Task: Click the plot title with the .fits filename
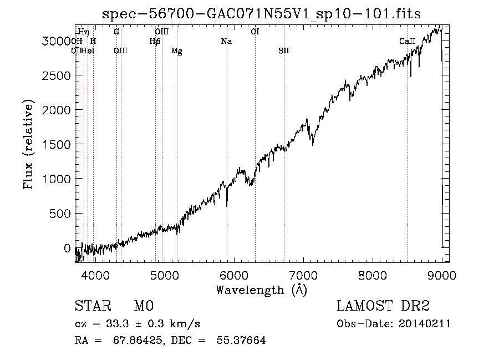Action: click(262, 14)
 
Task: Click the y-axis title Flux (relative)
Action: click(28, 144)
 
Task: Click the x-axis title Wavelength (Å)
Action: click(261, 289)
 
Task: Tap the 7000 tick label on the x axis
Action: click(303, 274)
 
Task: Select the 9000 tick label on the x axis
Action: click(441, 274)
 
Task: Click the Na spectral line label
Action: click(226, 42)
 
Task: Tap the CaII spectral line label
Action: click(407, 42)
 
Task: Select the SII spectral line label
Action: click(283, 51)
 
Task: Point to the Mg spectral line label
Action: click(176, 51)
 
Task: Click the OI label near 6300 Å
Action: click(254, 32)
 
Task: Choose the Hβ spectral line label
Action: click(155, 42)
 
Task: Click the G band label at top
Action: click(116, 32)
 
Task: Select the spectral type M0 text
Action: click(143, 307)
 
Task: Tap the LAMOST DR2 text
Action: click(383, 307)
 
